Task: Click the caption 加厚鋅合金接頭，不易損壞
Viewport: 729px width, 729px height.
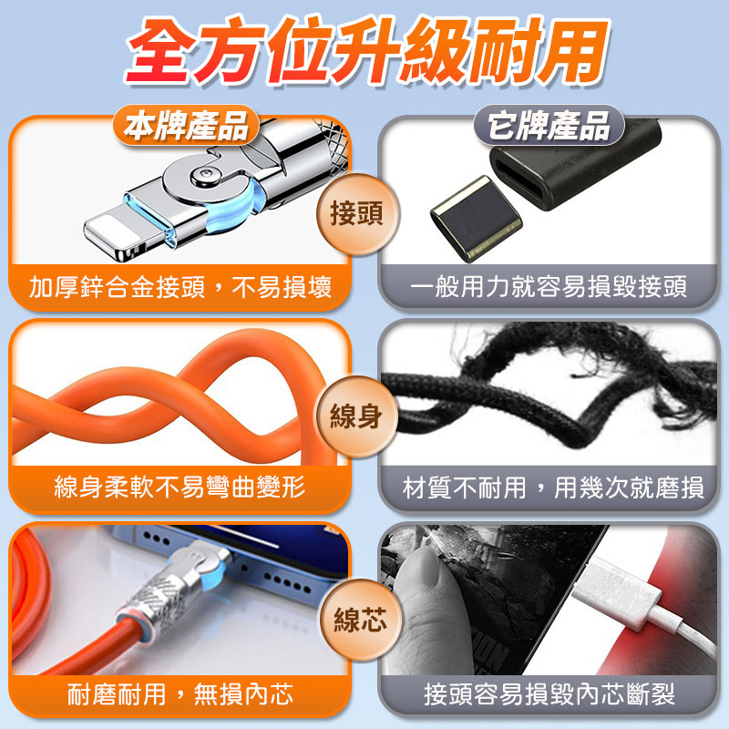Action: (x=180, y=288)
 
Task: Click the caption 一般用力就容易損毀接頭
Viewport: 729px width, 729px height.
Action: (x=549, y=288)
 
